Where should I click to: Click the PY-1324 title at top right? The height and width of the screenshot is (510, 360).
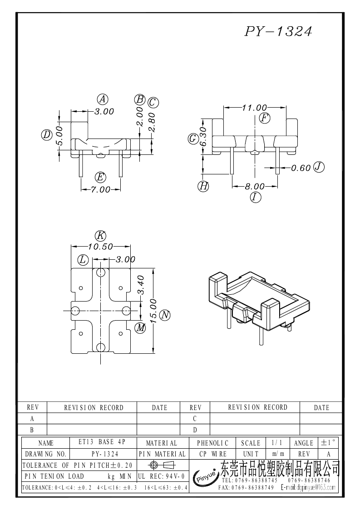(278, 31)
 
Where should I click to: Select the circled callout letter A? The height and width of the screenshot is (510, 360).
(103, 99)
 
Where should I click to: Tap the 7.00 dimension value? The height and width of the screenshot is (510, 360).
(100, 189)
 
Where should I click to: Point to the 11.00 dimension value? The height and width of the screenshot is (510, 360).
(255, 107)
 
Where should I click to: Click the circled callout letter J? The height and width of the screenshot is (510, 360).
(319, 167)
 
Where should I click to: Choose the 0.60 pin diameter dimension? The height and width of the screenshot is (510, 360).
(301, 168)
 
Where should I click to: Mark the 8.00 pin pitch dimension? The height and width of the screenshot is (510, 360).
(255, 186)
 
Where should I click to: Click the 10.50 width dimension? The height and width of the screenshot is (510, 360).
(100, 247)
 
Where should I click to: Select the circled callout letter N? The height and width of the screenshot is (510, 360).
(166, 315)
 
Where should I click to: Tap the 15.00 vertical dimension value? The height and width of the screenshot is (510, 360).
(154, 311)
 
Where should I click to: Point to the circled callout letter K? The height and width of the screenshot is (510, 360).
(101, 236)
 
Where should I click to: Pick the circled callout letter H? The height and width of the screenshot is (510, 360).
(203, 186)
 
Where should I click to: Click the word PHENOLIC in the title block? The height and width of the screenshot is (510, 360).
(212, 443)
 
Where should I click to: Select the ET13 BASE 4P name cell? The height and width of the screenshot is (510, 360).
(102, 442)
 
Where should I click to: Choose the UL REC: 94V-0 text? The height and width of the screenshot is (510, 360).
(162, 476)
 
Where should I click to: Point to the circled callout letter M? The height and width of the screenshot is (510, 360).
(141, 327)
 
